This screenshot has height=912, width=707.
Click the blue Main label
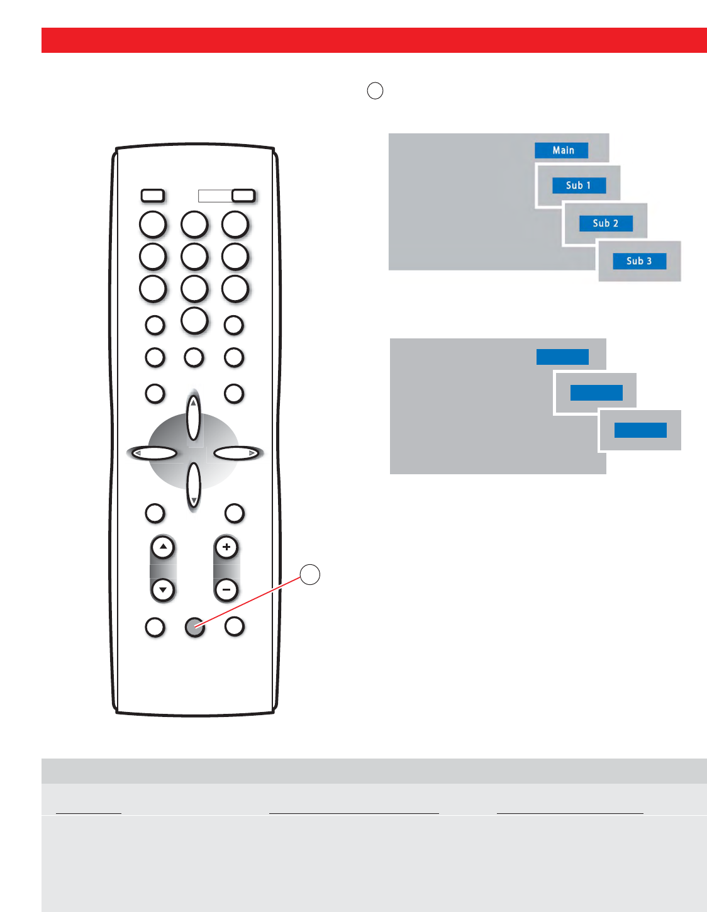point(561,150)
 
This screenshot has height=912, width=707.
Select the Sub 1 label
point(579,186)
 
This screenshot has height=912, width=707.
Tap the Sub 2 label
point(606,223)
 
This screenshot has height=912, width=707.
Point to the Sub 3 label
point(639,261)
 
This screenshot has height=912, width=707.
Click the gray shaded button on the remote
point(194,627)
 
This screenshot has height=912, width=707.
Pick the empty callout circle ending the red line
point(309,574)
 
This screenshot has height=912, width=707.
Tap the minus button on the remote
point(226,590)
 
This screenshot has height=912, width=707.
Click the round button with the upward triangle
point(163,547)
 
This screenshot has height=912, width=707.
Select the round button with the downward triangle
point(163,590)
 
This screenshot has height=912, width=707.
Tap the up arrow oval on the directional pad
point(194,418)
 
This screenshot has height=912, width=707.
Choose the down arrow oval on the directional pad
point(194,486)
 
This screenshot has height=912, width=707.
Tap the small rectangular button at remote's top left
point(153,196)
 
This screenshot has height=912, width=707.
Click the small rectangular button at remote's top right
point(243,196)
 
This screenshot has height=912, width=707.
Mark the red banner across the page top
point(374,40)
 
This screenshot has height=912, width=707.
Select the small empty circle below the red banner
point(375,91)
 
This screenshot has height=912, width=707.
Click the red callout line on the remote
point(252,601)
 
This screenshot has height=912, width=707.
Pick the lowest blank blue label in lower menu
point(640,430)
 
